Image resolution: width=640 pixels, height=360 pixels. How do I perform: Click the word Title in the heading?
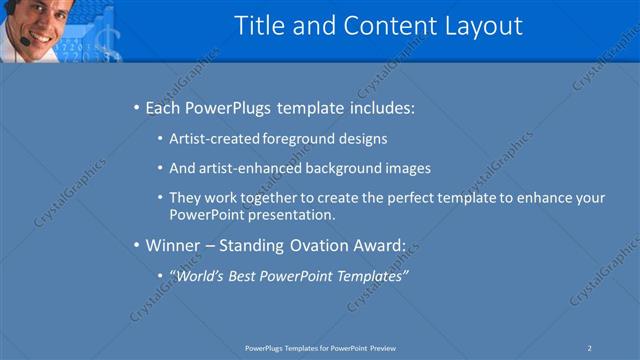257,26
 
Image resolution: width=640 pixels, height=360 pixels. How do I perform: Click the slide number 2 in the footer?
590,347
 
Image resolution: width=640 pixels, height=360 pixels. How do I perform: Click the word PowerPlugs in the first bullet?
230,107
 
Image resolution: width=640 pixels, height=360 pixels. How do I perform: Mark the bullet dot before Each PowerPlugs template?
136,107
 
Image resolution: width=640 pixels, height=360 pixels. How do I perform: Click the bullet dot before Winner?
136,244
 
